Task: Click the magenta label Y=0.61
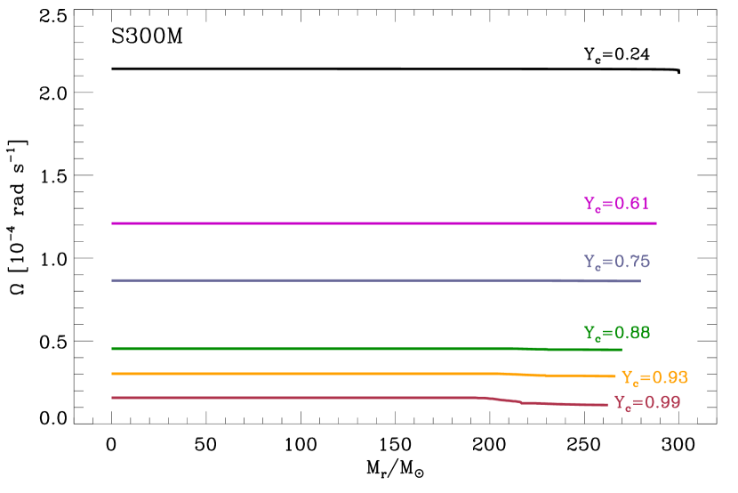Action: (x=616, y=204)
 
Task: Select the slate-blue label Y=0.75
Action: (x=616, y=263)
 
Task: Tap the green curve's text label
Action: (x=616, y=333)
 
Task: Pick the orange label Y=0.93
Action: (x=654, y=377)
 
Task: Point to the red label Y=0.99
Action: (x=647, y=402)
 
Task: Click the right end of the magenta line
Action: (x=656, y=223)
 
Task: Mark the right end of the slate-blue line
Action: (x=640, y=281)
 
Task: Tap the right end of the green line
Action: (x=621, y=350)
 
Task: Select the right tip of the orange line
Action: (x=614, y=376)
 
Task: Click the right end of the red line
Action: (x=607, y=405)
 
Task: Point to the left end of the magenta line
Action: (x=112, y=223)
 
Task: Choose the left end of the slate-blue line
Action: (x=112, y=280)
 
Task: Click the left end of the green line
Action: (x=112, y=348)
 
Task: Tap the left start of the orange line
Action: (x=112, y=374)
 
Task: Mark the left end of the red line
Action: (x=112, y=398)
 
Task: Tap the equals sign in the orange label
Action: (x=645, y=377)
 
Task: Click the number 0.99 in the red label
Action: (x=662, y=402)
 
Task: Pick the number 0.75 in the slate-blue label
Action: (x=631, y=263)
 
